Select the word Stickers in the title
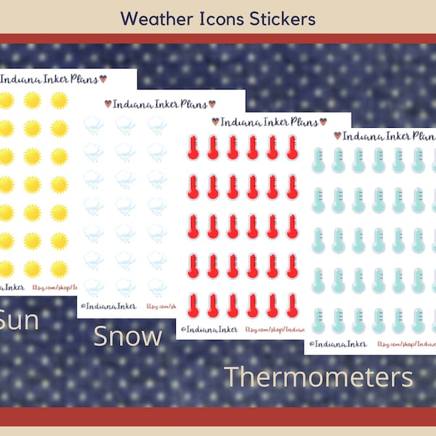280,17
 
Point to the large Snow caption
127,336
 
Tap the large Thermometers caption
318,377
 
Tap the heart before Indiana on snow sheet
108,103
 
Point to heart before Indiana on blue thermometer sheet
337,135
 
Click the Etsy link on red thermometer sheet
274,329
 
